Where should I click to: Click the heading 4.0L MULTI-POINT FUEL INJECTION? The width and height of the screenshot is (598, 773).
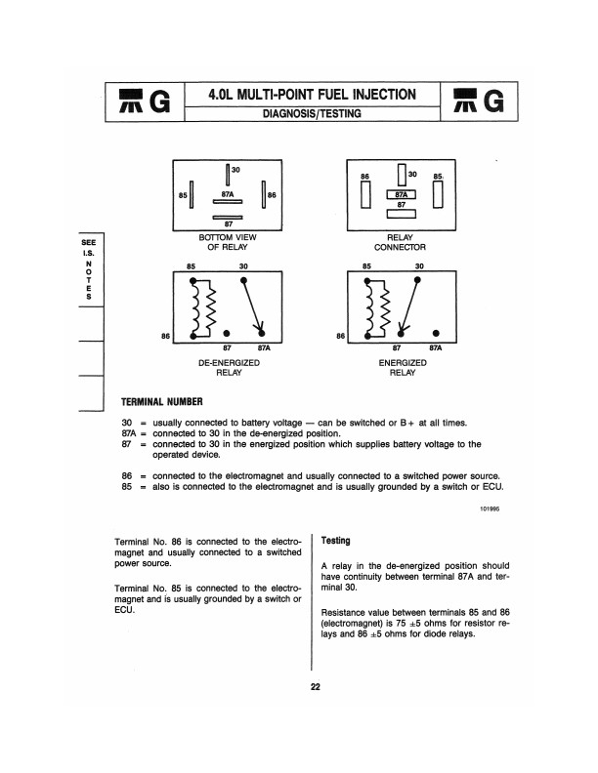[312, 94]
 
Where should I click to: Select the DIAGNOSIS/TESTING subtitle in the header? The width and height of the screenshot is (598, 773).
[312, 114]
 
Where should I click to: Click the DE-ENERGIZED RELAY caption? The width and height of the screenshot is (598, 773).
[228, 366]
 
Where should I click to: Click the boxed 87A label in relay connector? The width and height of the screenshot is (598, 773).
[402, 194]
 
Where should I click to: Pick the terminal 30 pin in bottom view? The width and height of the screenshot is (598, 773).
[228, 177]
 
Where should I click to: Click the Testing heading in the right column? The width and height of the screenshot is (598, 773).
[336, 541]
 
